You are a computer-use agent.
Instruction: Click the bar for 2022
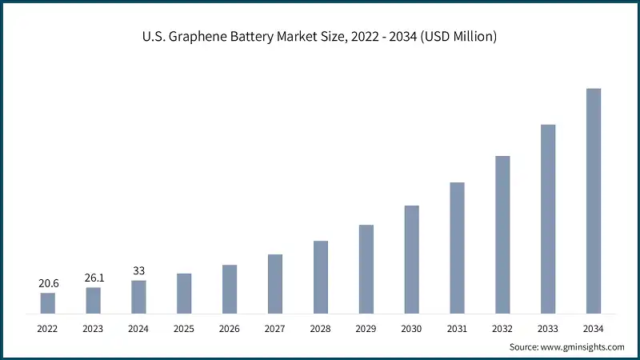point(48,303)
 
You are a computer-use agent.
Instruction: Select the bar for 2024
point(138,297)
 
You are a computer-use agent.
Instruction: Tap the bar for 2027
point(275,284)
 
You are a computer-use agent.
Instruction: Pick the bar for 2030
point(411,259)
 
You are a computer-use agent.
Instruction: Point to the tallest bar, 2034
point(593,201)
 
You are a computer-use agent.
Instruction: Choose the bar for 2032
point(502,234)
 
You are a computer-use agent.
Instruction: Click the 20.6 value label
point(48,283)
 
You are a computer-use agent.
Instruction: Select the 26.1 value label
point(94,278)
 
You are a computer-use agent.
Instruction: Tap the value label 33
point(138,270)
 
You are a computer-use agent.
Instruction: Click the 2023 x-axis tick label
point(94,329)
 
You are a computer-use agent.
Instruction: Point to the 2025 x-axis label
point(184,329)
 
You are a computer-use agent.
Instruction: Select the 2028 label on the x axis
point(320,329)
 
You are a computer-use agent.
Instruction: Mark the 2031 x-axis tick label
point(457,329)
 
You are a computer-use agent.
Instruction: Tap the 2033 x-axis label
point(547,329)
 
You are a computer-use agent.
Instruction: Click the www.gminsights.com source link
point(583,347)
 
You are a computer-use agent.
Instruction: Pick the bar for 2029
point(366,269)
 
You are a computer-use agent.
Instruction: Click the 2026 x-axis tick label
point(230,329)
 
